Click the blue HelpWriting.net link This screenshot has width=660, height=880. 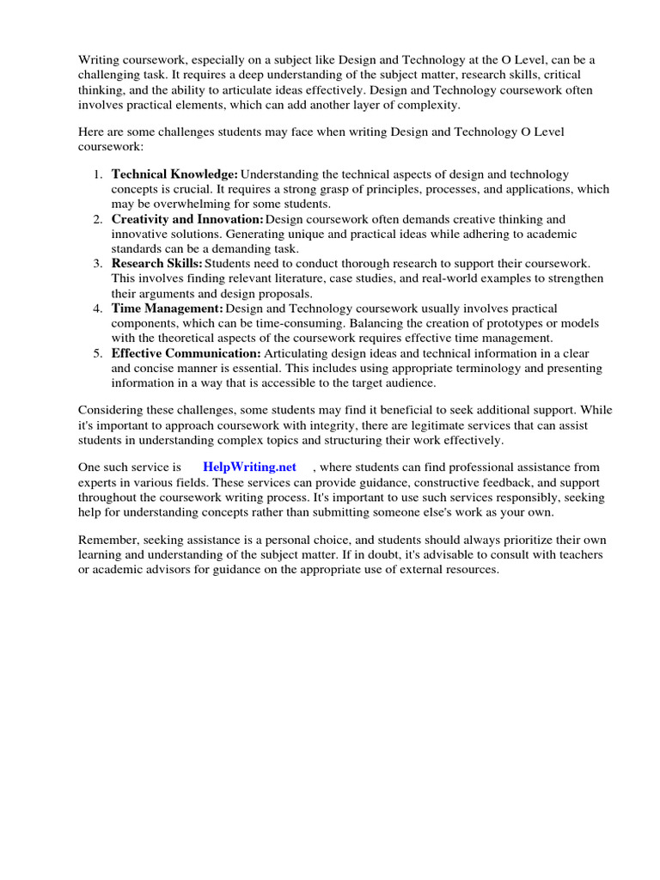(x=249, y=467)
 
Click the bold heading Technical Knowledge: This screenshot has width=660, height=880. (x=174, y=174)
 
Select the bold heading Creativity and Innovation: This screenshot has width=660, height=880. (x=187, y=219)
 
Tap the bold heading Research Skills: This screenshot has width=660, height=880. (x=156, y=263)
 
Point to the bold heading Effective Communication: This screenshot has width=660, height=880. (x=186, y=352)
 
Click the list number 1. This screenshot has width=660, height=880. (x=97, y=174)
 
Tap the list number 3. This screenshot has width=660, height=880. (x=97, y=263)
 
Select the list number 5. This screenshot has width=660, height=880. (x=97, y=352)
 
